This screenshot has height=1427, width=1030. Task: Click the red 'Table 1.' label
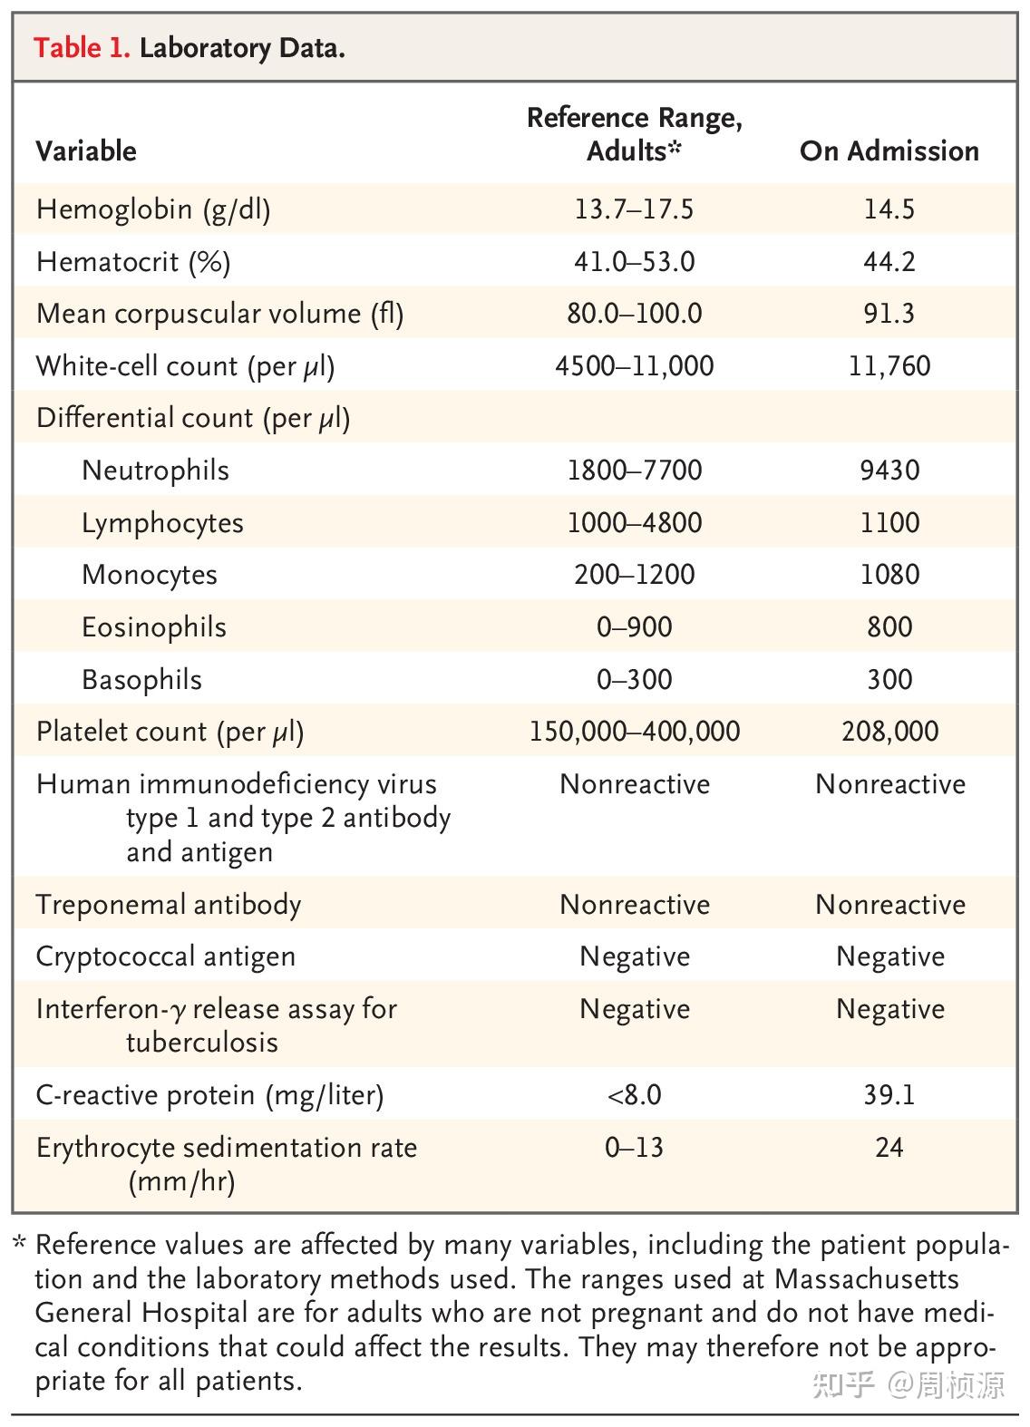82,47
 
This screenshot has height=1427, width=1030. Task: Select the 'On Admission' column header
889,150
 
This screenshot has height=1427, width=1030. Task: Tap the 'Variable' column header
86,150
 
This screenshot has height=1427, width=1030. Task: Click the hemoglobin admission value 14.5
889,209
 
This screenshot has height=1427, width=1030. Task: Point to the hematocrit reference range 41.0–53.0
634,262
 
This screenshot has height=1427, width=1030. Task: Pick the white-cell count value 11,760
889,366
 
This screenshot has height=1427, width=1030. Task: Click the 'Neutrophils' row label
155,471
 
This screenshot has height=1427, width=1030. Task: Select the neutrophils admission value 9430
889,471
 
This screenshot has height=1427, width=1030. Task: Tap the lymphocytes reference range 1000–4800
634,523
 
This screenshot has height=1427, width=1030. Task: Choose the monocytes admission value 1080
889,575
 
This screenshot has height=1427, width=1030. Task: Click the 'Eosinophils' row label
153,627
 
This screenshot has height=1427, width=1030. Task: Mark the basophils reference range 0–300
634,680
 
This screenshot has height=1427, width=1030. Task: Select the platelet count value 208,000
889,732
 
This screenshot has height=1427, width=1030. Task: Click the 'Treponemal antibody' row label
169,905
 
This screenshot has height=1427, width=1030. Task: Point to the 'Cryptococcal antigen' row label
166,956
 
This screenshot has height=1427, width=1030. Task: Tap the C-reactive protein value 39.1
889,1095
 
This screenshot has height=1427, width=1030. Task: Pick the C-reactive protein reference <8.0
634,1095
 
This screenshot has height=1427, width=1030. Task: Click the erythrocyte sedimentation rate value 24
889,1148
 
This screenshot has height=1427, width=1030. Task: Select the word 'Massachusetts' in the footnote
866,1279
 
